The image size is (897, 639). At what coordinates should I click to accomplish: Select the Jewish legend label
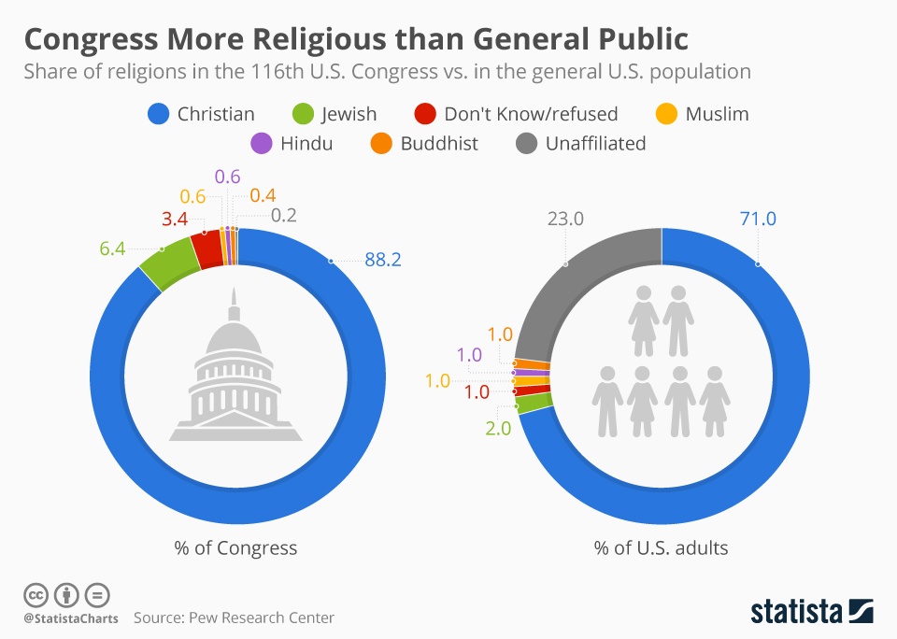[349, 114]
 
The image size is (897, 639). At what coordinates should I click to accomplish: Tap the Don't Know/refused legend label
[531, 114]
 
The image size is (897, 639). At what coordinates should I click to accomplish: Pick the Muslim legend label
[717, 114]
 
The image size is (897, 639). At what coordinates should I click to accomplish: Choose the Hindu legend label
[306, 144]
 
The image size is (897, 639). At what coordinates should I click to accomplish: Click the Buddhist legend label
[439, 144]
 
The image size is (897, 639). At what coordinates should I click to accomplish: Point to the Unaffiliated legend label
[595, 144]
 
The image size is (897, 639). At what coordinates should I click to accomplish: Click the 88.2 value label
[382, 261]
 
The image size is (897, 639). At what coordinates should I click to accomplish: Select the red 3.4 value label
[175, 220]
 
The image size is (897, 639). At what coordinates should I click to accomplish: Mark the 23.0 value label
[564, 220]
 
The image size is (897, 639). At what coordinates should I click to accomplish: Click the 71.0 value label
[758, 220]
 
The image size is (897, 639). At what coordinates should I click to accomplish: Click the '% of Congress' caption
[235, 548]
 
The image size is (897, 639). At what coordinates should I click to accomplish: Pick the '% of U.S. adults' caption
[661, 548]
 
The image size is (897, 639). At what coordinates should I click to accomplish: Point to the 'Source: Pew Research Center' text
[234, 618]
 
